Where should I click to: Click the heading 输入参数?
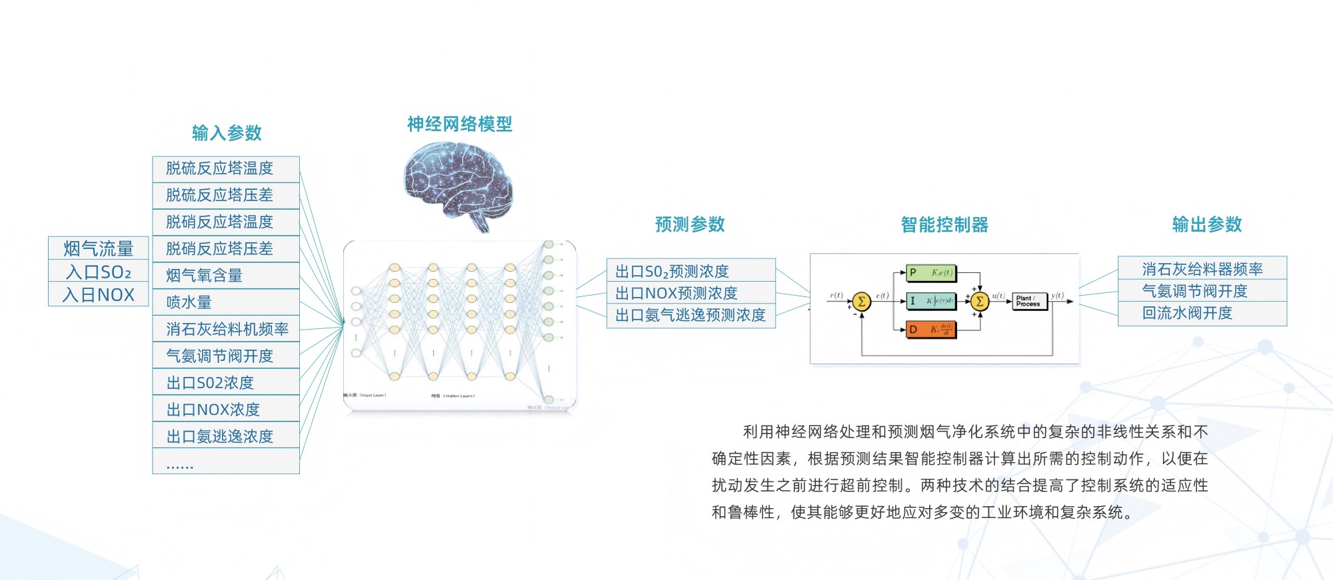pos(227,133)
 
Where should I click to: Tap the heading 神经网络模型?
pos(459,124)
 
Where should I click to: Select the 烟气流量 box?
pos(99,248)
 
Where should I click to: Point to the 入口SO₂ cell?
pos(99,272)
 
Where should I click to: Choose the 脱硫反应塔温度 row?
pos(226,168)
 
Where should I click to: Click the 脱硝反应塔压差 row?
pos(226,248)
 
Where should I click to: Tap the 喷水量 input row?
pos(226,302)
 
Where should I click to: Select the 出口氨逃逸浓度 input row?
pos(226,436)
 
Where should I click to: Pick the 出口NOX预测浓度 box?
pos(691,293)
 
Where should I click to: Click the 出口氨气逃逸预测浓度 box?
pos(691,315)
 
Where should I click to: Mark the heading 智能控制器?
pos(944,225)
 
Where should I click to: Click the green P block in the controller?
pos(931,272)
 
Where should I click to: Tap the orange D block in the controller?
pos(931,329)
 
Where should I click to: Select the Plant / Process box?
pos(1029,302)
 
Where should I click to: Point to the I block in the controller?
pos(931,301)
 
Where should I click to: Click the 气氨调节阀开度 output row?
pos(1202,291)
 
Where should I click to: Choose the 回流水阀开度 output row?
pos(1202,313)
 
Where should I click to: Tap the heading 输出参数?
pos(1207,224)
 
